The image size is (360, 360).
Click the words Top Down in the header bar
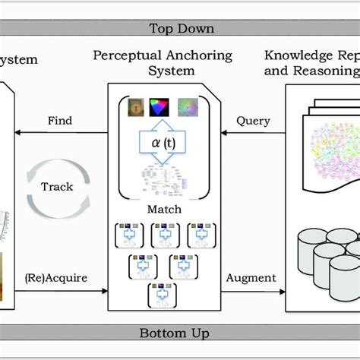[182, 30]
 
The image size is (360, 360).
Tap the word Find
[60, 121]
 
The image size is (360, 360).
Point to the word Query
[253, 121]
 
